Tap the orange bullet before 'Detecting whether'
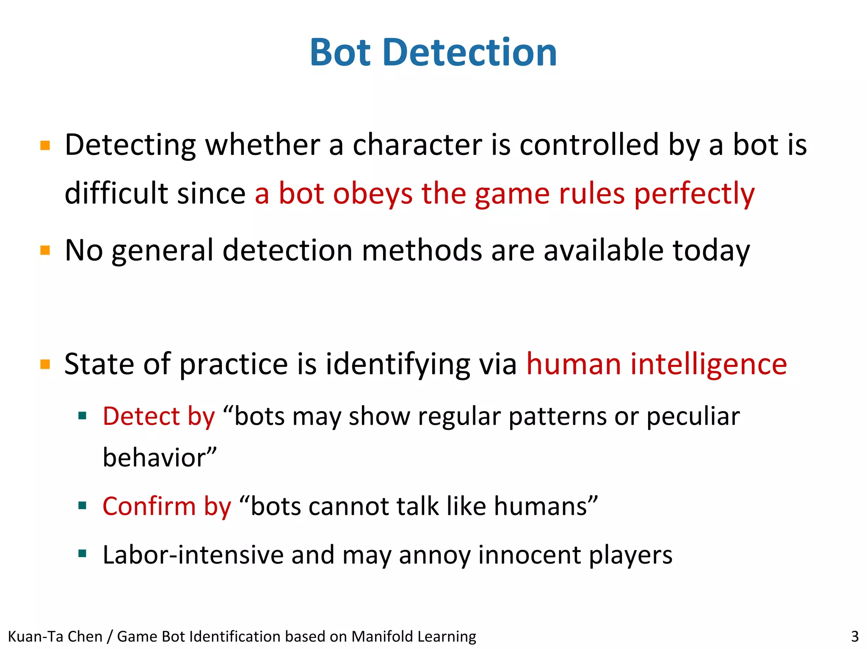[x=45, y=146]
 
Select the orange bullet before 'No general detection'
[x=45, y=250]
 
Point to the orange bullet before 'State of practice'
[x=45, y=364]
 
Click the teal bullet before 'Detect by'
[x=83, y=415]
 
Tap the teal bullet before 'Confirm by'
[x=83, y=505]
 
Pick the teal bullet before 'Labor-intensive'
[x=83, y=553]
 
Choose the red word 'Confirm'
[x=149, y=506]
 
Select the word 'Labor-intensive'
[x=193, y=555]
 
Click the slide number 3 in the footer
[x=855, y=636]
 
